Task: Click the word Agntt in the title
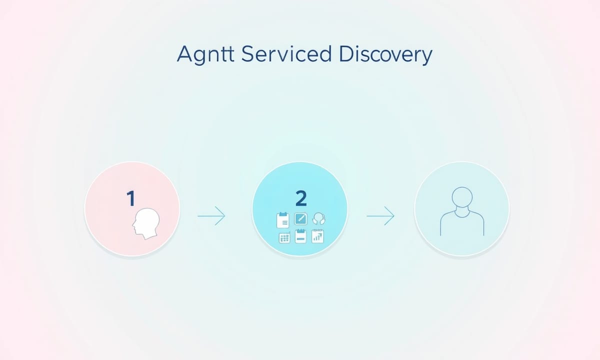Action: [205, 54]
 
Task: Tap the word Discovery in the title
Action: [385, 54]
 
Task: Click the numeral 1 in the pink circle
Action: [130, 198]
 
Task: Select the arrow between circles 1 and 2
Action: [211, 215]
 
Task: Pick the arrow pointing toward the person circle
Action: [380, 215]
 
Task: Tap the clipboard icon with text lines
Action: [283, 220]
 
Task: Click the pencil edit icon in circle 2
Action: [300, 219]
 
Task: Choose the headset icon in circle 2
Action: [319, 218]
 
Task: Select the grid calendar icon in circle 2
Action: [284, 238]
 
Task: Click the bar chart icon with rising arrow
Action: [317, 236]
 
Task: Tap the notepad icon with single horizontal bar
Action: [300, 236]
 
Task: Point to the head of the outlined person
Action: [462, 197]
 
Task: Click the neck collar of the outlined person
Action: [462, 213]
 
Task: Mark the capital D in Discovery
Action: [346, 54]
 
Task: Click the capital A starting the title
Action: [185, 54]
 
